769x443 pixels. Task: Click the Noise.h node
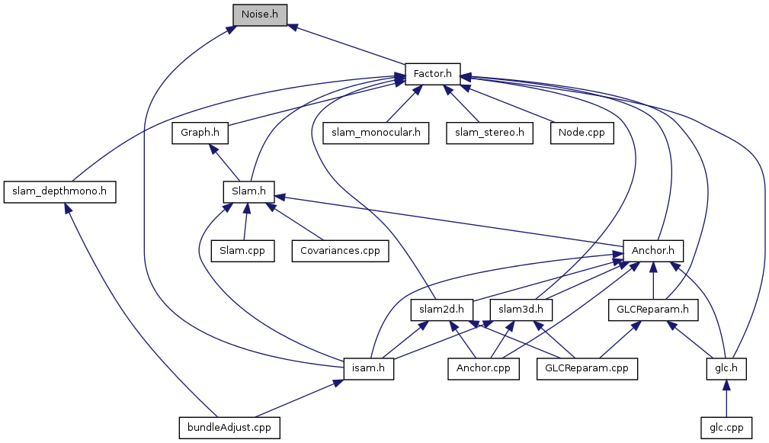point(260,14)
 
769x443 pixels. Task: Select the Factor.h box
point(432,74)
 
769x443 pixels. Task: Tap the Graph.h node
point(200,133)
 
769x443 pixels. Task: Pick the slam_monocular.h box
point(375,133)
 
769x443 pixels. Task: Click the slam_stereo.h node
point(489,133)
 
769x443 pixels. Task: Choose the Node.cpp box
point(582,133)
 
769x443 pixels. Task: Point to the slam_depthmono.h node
point(59,192)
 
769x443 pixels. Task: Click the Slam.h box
point(248,192)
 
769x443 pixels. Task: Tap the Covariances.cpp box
point(340,251)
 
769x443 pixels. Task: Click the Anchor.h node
point(653,251)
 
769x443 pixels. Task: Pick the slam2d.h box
point(442,310)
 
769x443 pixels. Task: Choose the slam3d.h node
point(520,310)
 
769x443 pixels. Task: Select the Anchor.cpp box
point(482,369)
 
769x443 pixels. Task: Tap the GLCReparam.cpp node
point(587,369)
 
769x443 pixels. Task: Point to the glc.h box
point(725,369)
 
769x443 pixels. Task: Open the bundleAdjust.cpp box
point(229,428)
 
